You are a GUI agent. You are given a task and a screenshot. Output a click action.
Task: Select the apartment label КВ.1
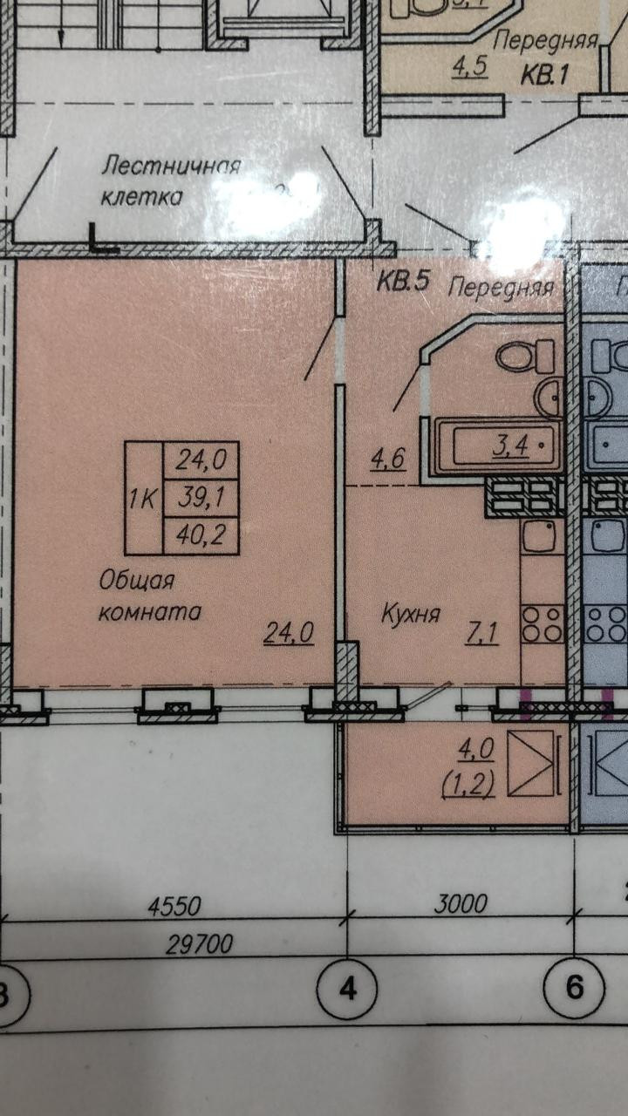click(x=545, y=74)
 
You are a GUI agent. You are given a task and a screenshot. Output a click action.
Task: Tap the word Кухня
click(x=410, y=614)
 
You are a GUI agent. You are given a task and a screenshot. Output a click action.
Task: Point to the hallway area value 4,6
click(x=389, y=459)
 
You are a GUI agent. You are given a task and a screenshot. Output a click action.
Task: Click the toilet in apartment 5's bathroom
click(x=526, y=355)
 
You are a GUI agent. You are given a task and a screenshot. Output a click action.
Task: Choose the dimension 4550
click(x=174, y=906)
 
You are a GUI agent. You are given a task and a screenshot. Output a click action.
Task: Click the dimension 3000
click(x=460, y=903)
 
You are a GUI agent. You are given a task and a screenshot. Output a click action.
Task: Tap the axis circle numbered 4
click(x=348, y=990)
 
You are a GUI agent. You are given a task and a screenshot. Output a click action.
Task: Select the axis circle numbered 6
click(x=574, y=987)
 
